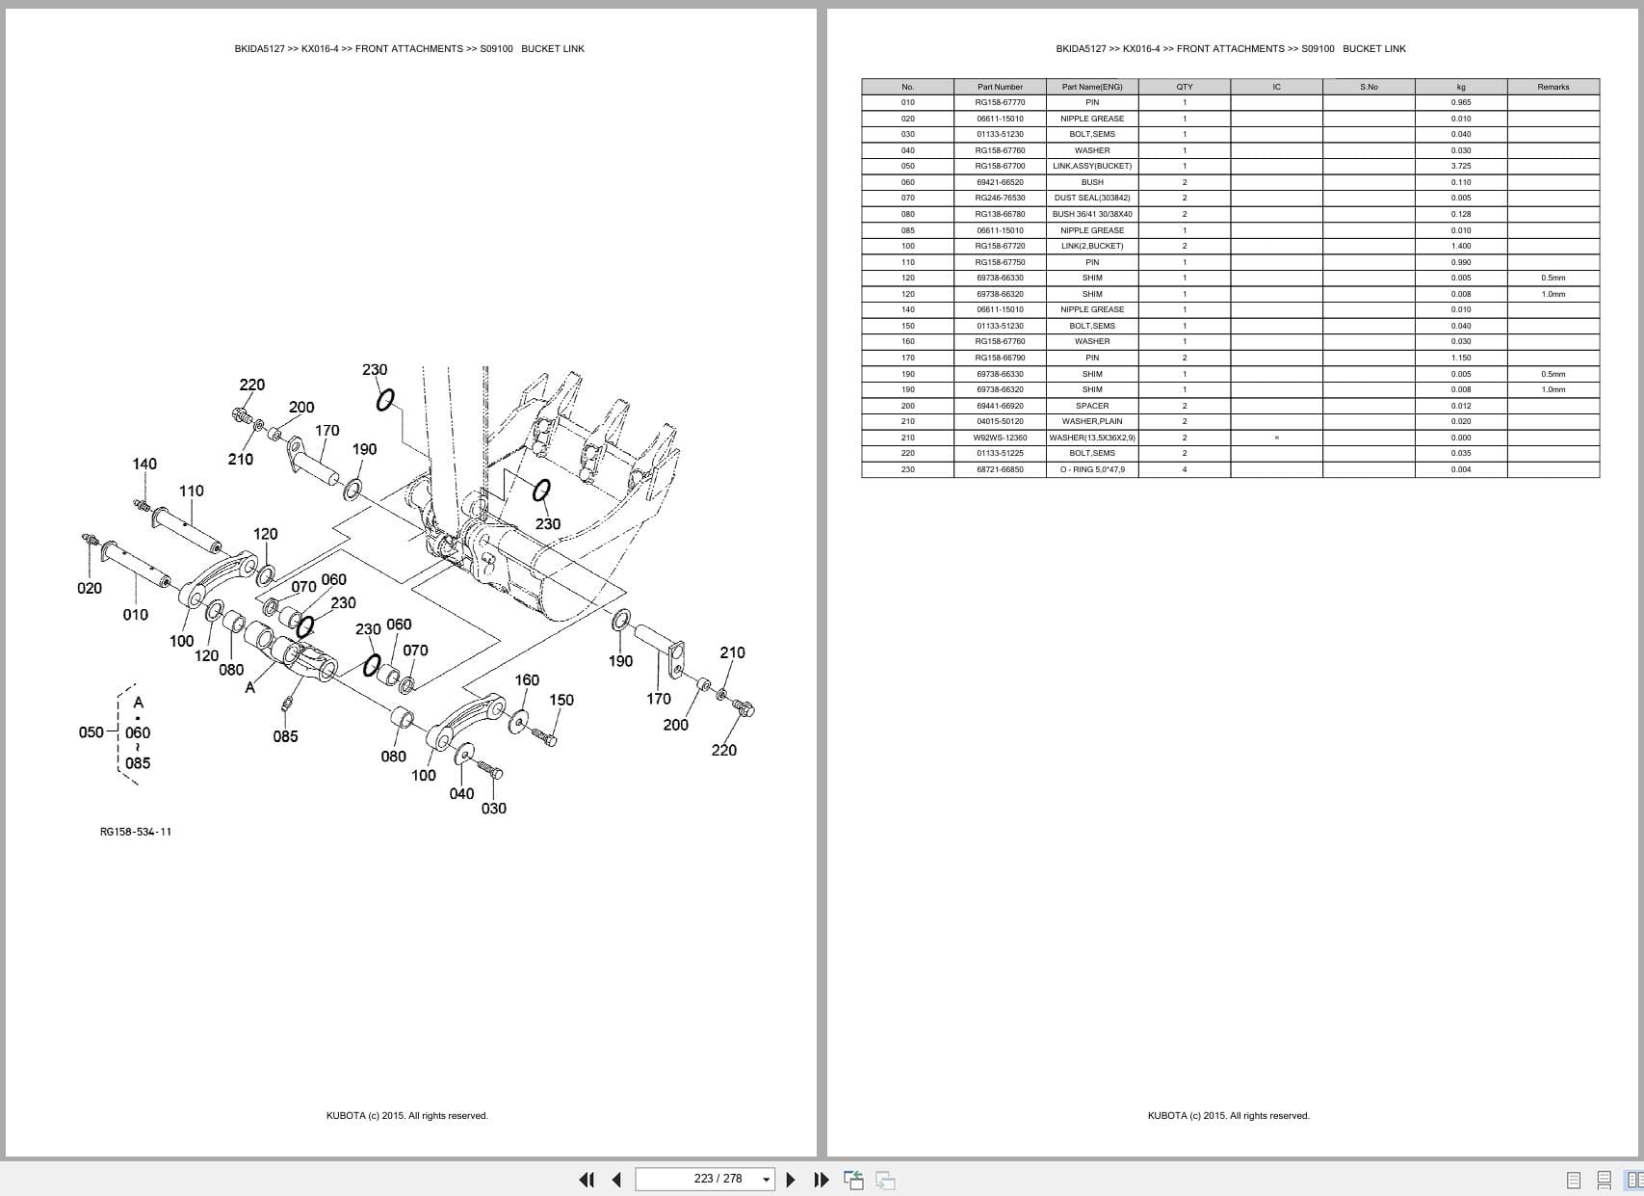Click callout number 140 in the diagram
click(144, 465)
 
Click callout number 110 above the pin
click(192, 492)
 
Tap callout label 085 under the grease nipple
click(285, 736)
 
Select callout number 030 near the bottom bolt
click(493, 809)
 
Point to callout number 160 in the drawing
click(527, 680)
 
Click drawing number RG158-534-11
click(136, 832)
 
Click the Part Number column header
click(1000, 87)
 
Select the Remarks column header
click(1553, 87)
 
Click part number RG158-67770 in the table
click(1000, 102)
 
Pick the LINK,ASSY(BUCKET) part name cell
click(1092, 166)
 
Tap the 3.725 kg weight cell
click(1460, 166)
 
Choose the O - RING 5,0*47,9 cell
click(1092, 469)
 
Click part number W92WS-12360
click(1000, 438)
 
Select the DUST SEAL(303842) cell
click(1092, 198)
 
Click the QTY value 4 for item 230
click(1185, 469)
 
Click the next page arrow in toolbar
click(791, 1180)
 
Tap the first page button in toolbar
click(587, 1180)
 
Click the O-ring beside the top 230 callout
click(385, 400)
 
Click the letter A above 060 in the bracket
click(138, 702)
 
